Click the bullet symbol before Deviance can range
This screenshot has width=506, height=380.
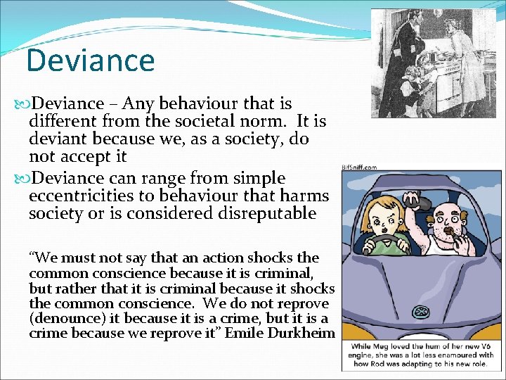click(21, 178)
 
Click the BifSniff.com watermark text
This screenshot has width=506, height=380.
click(359, 167)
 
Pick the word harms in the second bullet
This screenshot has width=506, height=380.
click(304, 196)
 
